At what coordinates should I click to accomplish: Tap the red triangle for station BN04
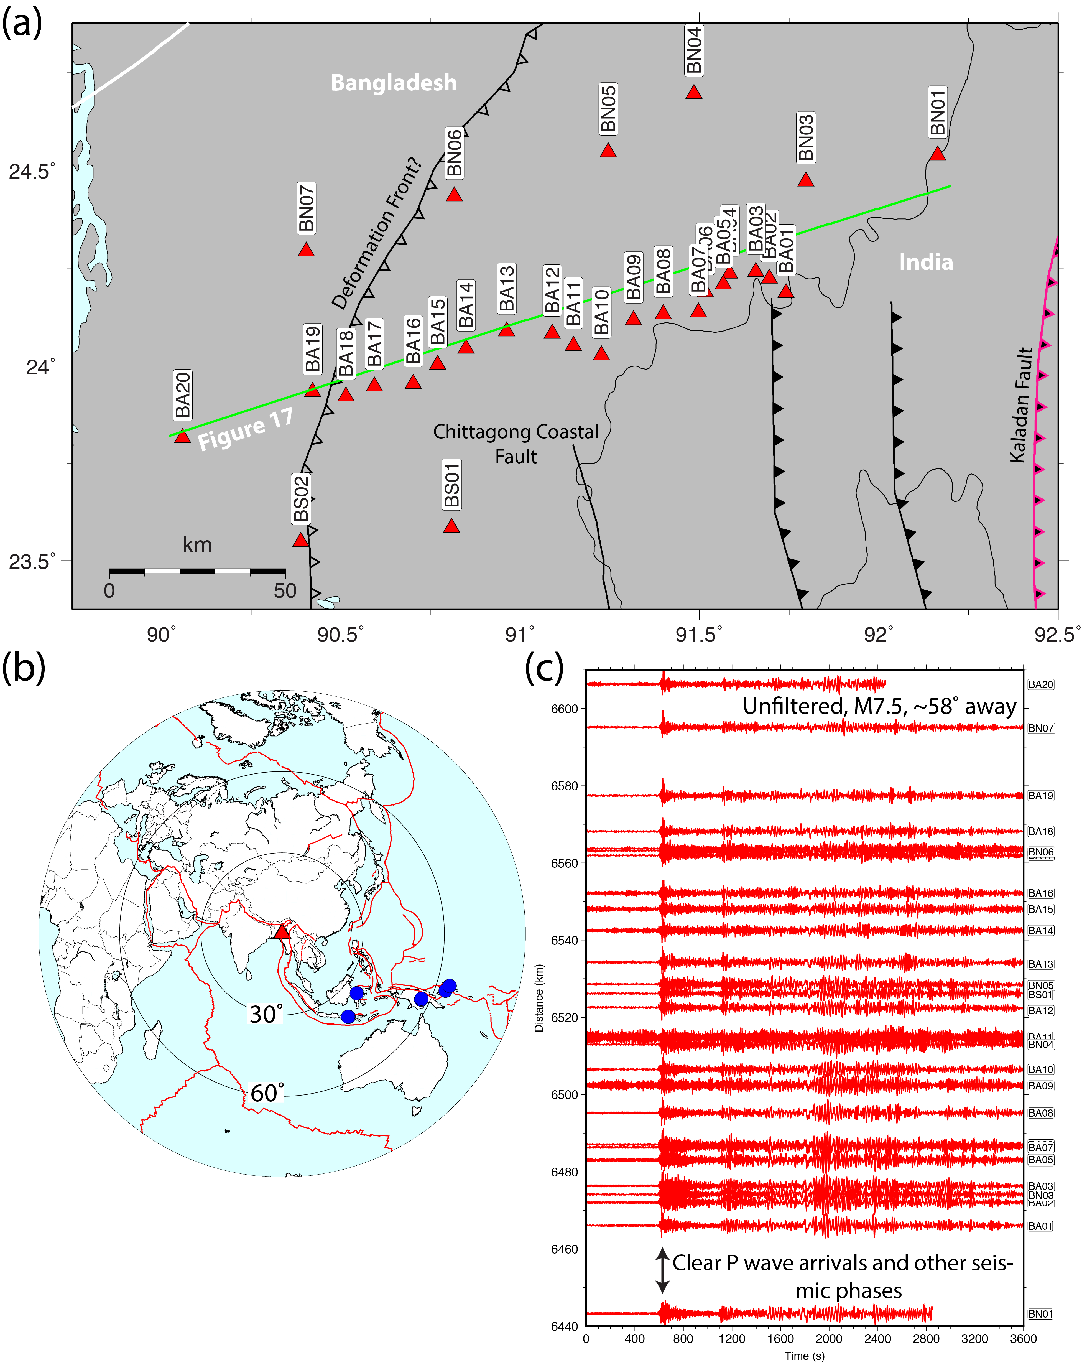pos(694,92)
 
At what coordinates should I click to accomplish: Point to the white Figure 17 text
pos(246,429)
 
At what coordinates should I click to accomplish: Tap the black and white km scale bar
pos(197,571)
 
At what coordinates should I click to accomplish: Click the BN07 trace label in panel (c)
pos(1040,728)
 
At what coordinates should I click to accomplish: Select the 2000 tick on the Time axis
pos(829,1338)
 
